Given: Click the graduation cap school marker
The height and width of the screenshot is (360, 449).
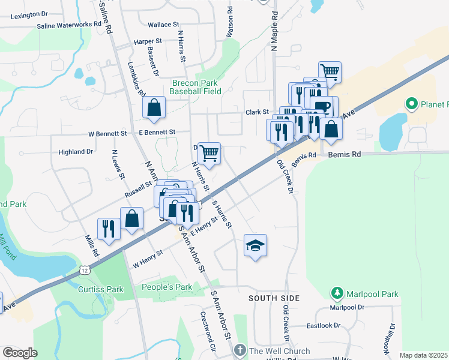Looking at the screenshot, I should (x=255, y=245).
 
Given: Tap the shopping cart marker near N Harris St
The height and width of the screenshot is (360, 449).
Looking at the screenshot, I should (x=209, y=154).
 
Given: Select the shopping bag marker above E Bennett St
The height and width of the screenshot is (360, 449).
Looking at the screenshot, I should (x=154, y=109).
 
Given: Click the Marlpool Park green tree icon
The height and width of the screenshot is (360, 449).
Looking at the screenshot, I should (x=337, y=294).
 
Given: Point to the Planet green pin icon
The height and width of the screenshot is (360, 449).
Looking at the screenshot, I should (x=411, y=104).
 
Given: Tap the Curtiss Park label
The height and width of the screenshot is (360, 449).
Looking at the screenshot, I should (x=101, y=289).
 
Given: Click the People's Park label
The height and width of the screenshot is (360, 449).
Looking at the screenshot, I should (x=167, y=287).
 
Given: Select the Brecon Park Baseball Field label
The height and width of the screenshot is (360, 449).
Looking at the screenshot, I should (x=195, y=87).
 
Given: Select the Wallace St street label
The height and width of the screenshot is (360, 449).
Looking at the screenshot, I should (x=164, y=25).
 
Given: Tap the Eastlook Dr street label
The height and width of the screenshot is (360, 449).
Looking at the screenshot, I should (x=323, y=326).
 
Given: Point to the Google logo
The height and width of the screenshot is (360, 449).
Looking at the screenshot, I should (x=20, y=353).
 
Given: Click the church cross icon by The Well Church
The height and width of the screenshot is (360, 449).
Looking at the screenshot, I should (x=240, y=350).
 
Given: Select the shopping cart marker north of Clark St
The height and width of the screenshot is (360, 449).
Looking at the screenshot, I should (x=330, y=72).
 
